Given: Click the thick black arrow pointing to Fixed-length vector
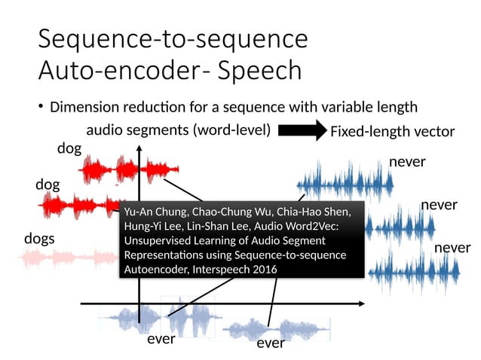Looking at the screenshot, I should (x=301, y=131).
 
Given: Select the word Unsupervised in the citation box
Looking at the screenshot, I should (x=160, y=239).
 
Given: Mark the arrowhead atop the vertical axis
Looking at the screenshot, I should (x=139, y=149).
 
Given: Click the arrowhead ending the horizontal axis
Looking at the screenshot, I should (x=365, y=303).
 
